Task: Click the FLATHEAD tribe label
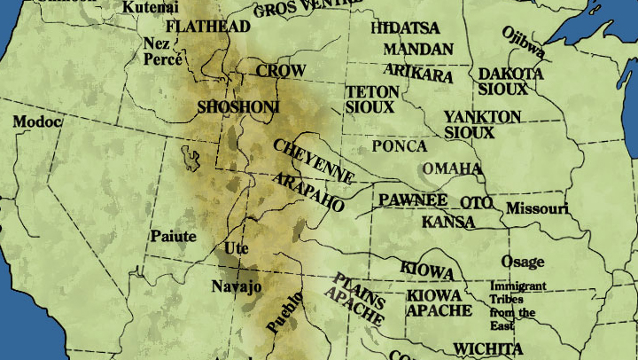[207, 27]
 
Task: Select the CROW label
[281, 71]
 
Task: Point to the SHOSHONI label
[237, 107]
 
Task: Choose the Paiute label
[173, 236]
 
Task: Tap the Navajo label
[237, 286]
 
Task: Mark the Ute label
[237, 248]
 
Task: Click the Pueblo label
[284, 312]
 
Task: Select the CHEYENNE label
[314, 160]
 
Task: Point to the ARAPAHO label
[308, 192]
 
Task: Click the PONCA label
[399, 146]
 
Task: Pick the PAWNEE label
[413, 200]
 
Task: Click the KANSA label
[447, 222]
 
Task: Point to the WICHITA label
[487, 348]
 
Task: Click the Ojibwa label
[522, 43]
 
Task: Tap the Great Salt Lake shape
[191, 159]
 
